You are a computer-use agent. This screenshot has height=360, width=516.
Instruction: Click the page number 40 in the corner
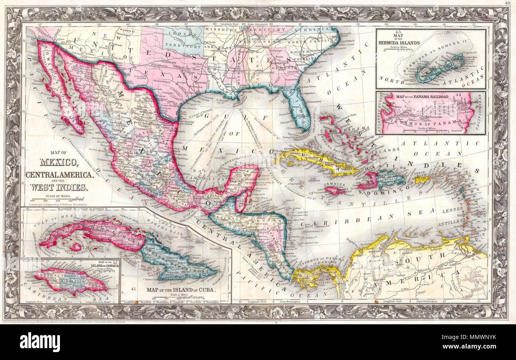[x=508, y=4]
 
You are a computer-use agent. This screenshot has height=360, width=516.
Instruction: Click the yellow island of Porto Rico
[x=422, y=179]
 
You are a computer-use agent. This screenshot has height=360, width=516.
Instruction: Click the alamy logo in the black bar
[x=40, y=342]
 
